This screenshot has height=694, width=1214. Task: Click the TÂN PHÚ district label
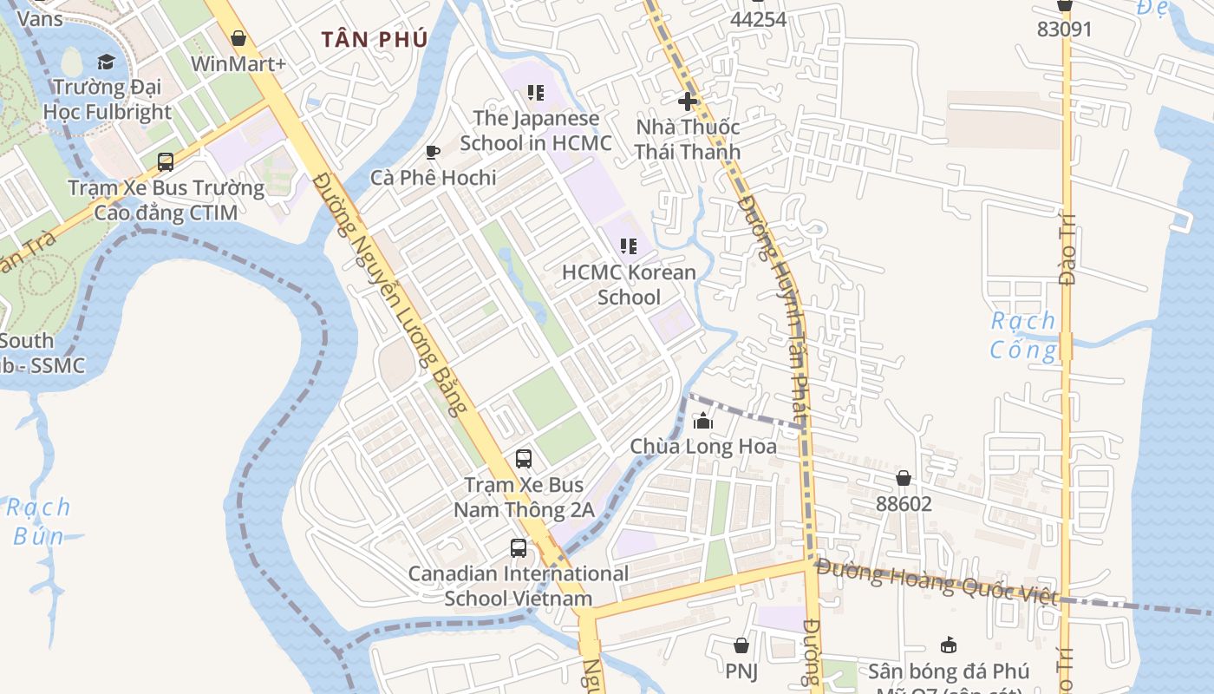click(374, 40)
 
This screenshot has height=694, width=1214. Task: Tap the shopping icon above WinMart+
click(238, 38)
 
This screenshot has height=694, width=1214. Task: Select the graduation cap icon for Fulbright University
click(106, 62)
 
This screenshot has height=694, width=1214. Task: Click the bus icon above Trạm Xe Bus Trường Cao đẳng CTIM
click(165, 161)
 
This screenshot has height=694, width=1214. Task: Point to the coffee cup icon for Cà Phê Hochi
click(432, 153)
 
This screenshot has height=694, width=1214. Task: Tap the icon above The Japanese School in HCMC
click(535, 93)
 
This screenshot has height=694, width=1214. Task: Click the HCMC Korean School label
click(629, 285)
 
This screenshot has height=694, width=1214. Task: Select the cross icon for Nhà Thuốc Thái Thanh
click(688, 101)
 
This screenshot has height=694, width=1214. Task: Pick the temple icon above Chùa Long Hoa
click(702, 422)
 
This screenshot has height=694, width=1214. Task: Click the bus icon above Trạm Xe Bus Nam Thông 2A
click(524, 459)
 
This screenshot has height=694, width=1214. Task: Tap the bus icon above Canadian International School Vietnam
click(518, 548)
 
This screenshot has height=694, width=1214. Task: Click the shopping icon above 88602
click(903, 478)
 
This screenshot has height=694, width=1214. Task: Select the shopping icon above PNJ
click(741, 645)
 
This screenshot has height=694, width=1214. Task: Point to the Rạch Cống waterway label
click(1024, 335)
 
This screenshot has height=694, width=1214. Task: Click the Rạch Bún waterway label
click(40, 521)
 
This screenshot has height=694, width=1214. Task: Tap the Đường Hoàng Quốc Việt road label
click(937, 583)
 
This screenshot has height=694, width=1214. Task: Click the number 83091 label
click(1064, 29)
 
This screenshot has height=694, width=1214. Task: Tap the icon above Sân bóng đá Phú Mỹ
click(948, 645)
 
